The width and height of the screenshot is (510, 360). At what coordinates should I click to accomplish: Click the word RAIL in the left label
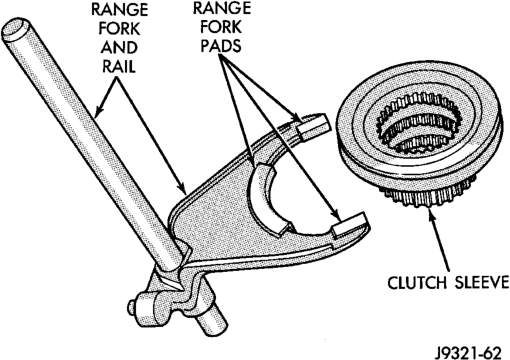119,66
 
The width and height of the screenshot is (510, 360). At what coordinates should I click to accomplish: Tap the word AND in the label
119,47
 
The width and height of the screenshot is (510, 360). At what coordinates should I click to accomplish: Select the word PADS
221,46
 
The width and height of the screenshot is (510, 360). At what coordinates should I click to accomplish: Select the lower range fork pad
349,225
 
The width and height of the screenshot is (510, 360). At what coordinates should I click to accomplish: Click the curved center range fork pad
267,203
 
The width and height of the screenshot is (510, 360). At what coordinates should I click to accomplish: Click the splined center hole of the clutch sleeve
419,127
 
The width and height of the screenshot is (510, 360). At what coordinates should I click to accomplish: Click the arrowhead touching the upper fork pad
295,118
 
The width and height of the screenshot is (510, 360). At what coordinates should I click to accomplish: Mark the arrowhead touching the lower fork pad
335,216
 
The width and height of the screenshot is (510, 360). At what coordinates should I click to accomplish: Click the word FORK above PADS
221,27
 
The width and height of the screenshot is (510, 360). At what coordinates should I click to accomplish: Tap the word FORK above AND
119,29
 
